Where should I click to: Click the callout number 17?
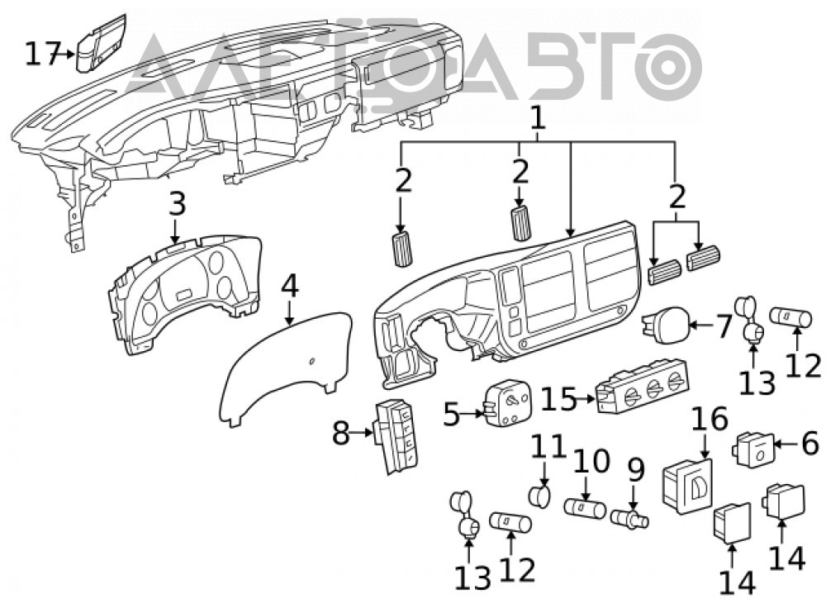click(40, 54)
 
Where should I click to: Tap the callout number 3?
click(177, 204)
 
